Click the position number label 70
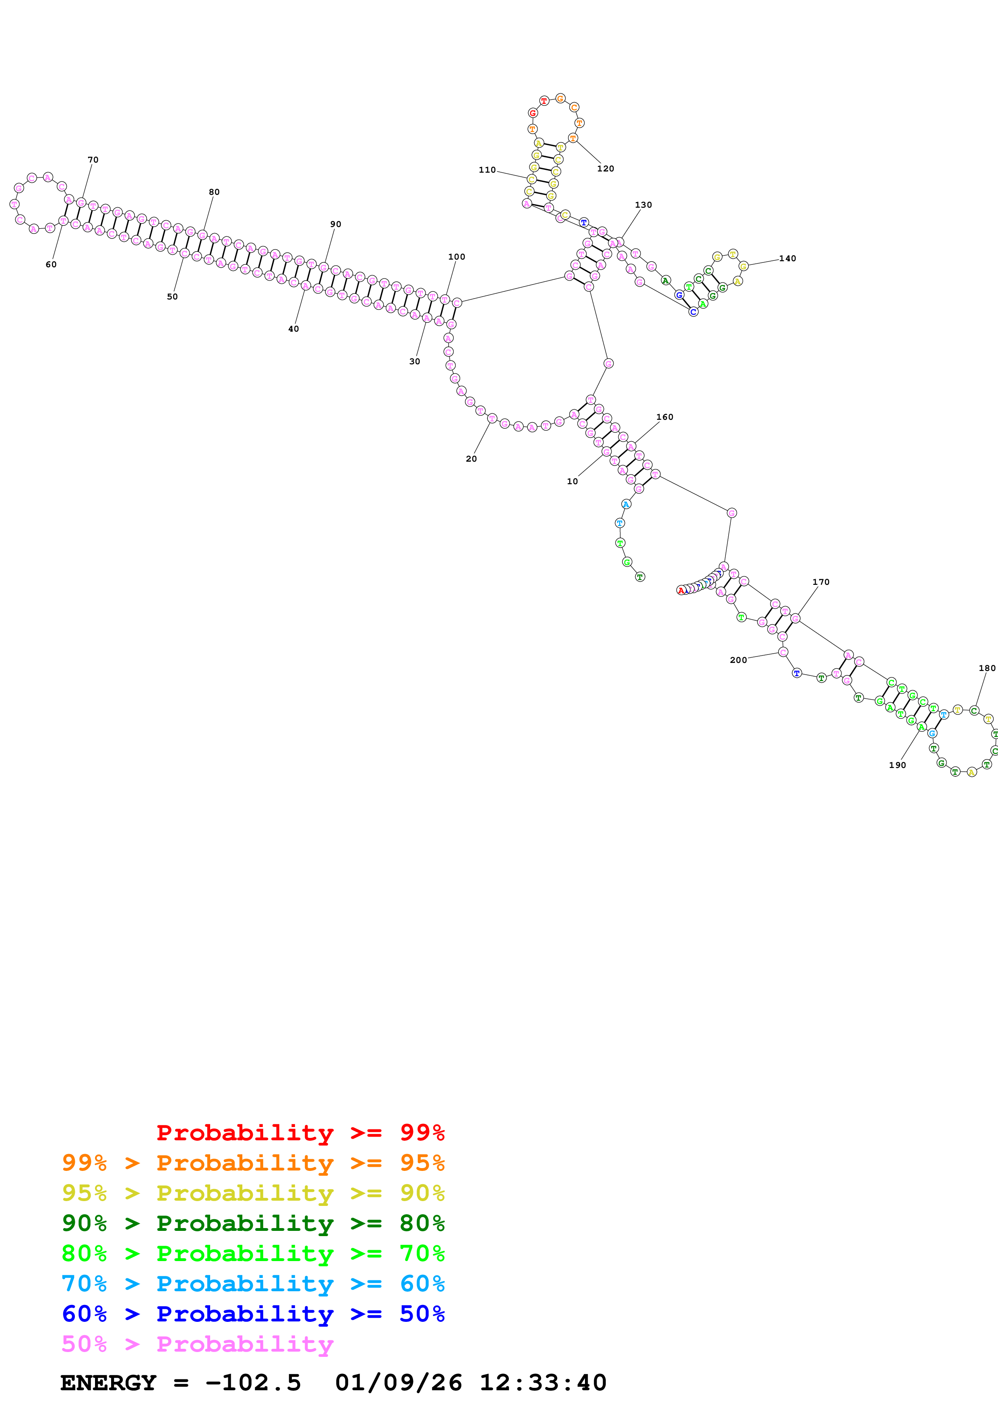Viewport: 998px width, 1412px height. [x=93, y=160]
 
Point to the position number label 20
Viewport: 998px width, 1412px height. [x=471, y=459]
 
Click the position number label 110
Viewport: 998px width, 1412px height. [x=487, y=170]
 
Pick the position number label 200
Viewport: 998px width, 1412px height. [x=738, y=660]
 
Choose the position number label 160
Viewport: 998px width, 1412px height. [x=664, y=417]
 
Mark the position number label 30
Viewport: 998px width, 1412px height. [x=414, y=361]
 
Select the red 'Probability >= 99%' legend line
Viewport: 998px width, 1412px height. [x=300, y=1132]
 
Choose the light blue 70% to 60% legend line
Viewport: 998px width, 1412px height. [x=253, y=1284]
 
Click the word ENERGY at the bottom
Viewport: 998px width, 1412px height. [x=108, y=1383]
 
